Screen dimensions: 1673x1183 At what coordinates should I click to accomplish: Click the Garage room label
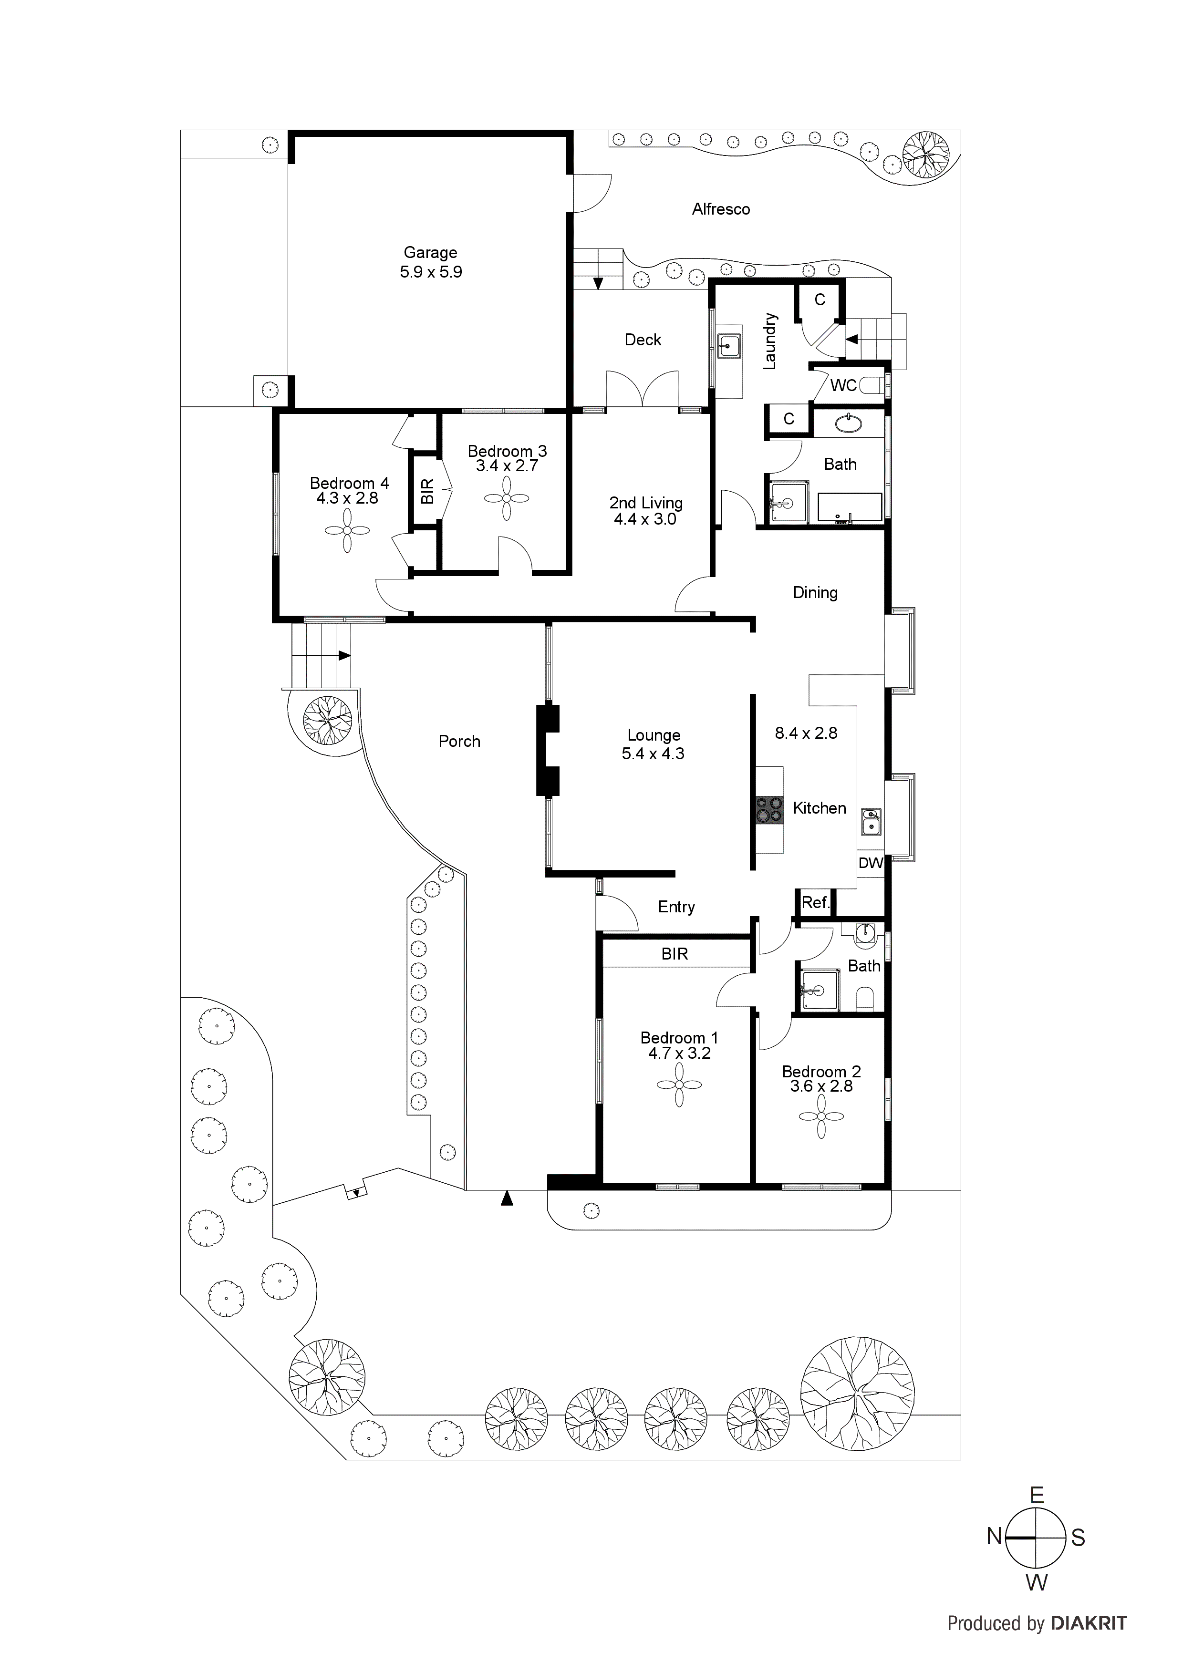tap(430, 253)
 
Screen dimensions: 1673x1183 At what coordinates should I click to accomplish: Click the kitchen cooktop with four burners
tap(768, 809)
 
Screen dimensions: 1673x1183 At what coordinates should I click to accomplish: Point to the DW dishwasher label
tap(870, 864)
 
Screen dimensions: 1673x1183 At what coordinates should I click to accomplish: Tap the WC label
tap(843, 385)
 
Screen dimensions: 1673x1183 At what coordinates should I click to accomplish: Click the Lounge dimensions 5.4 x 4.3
tap(653, 754)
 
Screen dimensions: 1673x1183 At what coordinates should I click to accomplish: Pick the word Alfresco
tap(721, 209)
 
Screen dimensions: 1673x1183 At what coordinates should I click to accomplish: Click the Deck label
tap(643, 340)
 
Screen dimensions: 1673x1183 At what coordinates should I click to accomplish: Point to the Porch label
tap(459, 742)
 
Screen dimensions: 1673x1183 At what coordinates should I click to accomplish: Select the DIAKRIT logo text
tap(1090, 1623)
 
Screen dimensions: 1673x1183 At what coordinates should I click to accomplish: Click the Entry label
tap(676, 907)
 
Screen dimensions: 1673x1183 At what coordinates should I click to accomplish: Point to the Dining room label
tap(815, 593)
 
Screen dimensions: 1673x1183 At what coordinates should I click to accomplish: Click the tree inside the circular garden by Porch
tap(327, 720)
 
